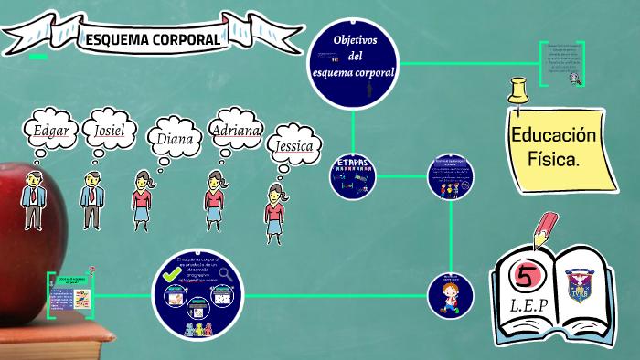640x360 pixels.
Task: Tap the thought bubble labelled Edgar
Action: [x=51, y=131]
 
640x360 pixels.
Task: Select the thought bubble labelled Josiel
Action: [x=110, y=131]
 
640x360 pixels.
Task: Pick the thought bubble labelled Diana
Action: [x=173, y=139]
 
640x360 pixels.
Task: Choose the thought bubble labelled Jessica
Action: [x=293, y=145]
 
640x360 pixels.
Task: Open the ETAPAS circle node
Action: [x=353, y=176]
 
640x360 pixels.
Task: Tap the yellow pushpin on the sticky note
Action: [x=519, y=92]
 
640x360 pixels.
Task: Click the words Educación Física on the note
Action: [x=553, y=146]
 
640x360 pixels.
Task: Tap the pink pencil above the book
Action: [x=544, y=229]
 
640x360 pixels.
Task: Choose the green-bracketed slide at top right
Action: [x=560, y=63]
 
